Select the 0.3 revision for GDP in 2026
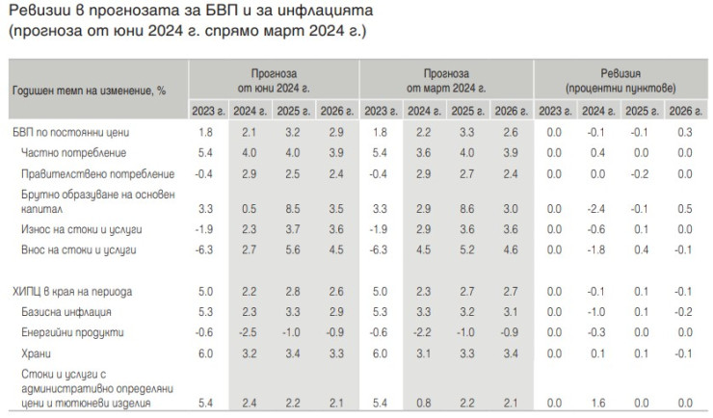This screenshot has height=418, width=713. click(684, 131)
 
